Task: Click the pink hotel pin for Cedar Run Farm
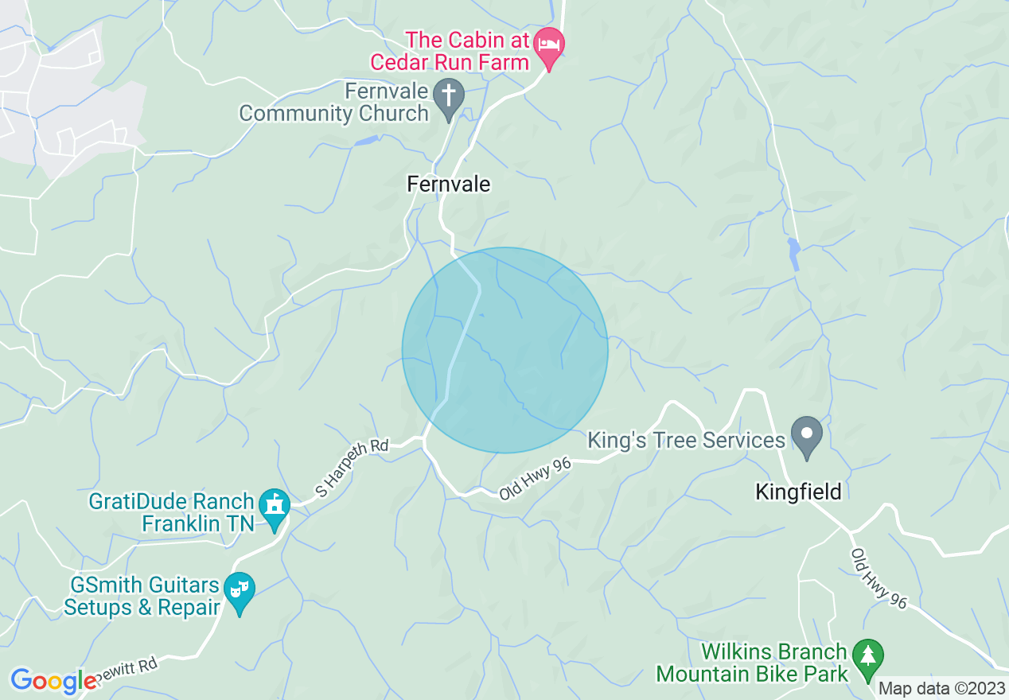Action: point(548,43)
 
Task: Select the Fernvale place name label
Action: point(448,185)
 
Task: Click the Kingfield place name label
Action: point(798,492)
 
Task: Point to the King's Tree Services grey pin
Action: point(808,434)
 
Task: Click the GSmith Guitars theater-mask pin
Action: point(240,589)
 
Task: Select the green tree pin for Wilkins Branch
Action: point(867,657)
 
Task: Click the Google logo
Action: point(53,681)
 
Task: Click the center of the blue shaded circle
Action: point(505,350)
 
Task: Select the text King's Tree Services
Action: point(686,440)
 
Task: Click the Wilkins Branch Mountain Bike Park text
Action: point(752,663)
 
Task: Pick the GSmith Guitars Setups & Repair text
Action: point(142,597)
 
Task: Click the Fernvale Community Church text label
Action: point(334,103)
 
